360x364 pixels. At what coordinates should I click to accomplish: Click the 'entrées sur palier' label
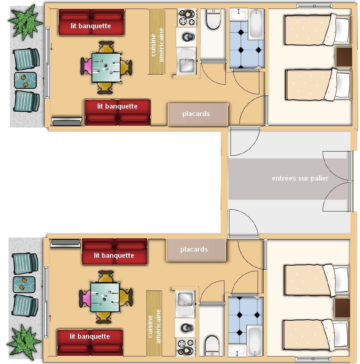300,178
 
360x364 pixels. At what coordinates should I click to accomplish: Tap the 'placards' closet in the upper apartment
198,114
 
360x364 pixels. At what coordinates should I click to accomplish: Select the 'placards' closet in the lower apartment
196,250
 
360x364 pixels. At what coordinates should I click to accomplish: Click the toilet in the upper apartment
213,19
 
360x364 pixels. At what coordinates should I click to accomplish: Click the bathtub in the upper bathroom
256,24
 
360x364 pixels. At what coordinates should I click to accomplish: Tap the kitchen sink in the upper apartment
186,61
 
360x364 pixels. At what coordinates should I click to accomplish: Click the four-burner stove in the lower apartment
185,347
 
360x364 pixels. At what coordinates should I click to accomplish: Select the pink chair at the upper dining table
86,67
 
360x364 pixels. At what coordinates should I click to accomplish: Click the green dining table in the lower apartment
105,297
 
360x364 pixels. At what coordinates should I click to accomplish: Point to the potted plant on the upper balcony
26,22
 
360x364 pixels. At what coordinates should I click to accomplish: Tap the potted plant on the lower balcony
24,341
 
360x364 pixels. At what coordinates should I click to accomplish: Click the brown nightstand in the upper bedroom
344,57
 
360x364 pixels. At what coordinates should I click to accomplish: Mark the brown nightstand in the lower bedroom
342,308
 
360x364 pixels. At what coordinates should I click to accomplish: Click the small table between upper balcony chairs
25,80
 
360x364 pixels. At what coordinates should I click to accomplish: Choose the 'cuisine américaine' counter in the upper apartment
157,42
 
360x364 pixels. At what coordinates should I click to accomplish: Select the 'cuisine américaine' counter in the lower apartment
154,323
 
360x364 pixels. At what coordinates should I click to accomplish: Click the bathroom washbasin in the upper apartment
239,14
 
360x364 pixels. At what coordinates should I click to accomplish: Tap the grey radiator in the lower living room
65,243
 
